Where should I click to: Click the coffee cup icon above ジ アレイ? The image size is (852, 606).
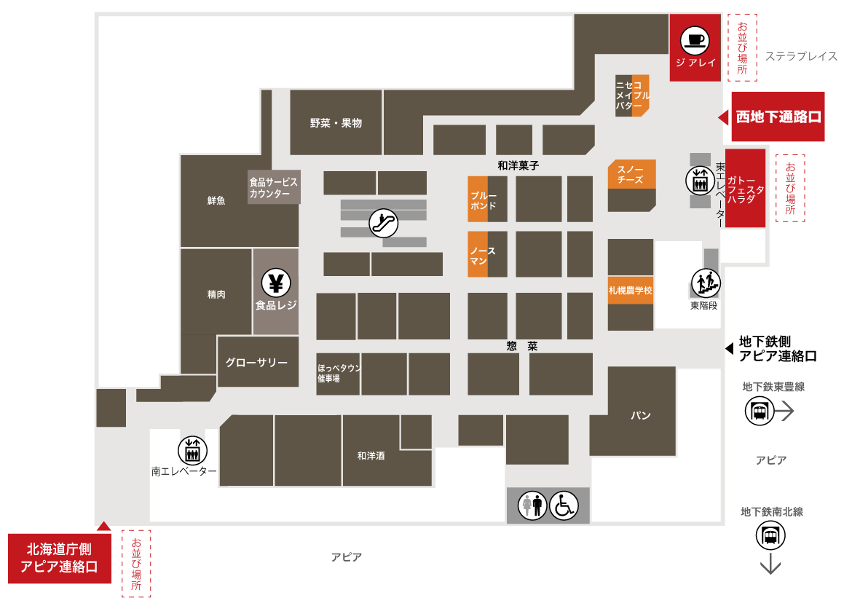click(x=695, y=40)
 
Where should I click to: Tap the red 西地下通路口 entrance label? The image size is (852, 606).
click(x=778, y=117)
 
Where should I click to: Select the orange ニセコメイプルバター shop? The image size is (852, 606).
click(x=633, y=95)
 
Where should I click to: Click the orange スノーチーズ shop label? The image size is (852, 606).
click(x=631, y=175)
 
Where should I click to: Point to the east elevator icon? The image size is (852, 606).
click(x=700, y=181)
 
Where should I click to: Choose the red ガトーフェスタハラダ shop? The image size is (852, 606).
click(x=745, y=188)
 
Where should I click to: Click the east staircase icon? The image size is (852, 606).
click(x=706, y=283)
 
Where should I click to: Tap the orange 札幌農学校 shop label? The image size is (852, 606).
click(x=631, y=291)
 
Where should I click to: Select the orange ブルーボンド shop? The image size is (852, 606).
click(x=478, y=199)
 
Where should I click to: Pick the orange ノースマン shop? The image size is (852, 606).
click(x=478, y=254)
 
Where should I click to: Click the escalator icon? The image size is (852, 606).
click(x=384, y=223)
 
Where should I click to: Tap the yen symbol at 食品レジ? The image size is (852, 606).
click(x=276, y=283)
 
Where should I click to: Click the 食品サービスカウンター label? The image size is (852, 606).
click(x=274, y=187)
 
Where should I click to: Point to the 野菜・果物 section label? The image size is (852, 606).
click(x=336, y=123)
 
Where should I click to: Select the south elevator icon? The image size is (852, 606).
click(x=192, y=451)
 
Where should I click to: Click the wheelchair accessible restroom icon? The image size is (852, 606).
click(x=564, y=505)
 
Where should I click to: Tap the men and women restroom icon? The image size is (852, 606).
click(x=532, y=505)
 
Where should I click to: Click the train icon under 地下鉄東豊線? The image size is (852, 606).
click(x=759, y=411)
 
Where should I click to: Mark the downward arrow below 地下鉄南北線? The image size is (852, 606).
click(x=770, y=563)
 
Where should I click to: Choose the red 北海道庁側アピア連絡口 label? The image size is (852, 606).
click(x=60, y=559)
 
